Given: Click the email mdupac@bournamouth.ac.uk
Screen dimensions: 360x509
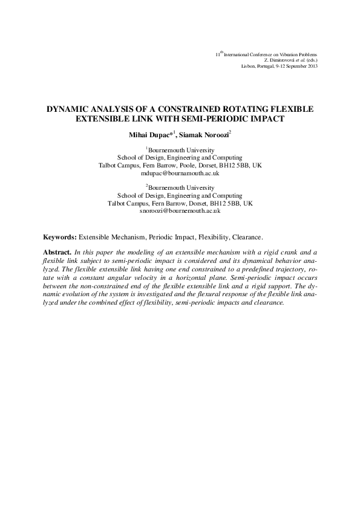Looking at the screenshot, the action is tap(179, 173).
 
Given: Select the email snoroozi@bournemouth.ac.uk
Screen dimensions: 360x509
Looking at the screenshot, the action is tap(179, 211).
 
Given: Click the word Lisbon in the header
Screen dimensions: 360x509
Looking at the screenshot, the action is tap(248, 65).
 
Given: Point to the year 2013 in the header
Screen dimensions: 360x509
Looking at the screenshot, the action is tap(311, 65).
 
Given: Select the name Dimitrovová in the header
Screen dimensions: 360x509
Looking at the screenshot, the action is tap(278, 60).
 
